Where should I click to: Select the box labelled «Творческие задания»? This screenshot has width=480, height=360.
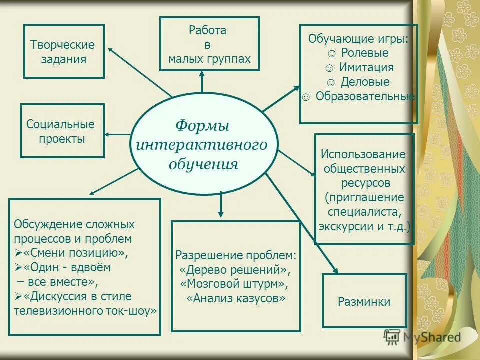[64, 51]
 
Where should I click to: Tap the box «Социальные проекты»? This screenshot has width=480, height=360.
[62, 131]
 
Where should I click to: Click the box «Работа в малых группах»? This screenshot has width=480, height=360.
[209, 45]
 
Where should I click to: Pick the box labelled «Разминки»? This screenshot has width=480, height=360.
[364, 301]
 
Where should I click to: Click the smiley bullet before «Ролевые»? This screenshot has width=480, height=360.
[332, 53]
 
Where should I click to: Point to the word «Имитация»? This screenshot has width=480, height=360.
[366, 67]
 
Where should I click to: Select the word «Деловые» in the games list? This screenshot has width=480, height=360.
[365, 82]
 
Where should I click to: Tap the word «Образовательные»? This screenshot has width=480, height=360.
[365, 96]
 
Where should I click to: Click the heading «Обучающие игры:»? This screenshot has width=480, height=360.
[358, 39]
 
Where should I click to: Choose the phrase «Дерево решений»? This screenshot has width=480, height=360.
[235, 270]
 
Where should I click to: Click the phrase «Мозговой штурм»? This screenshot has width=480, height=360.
[235, 284]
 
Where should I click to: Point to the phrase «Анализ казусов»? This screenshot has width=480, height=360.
[236, 299]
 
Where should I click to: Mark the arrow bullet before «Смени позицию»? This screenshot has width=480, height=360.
[18, 253]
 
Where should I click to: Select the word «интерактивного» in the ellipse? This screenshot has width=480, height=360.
[202, 144]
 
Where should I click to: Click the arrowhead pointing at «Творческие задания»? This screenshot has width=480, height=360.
[110, 48]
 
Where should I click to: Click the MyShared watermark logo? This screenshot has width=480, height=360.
[422, 337]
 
